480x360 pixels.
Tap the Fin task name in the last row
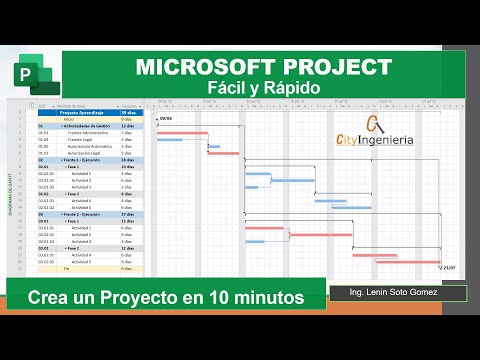tap(68, 268)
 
